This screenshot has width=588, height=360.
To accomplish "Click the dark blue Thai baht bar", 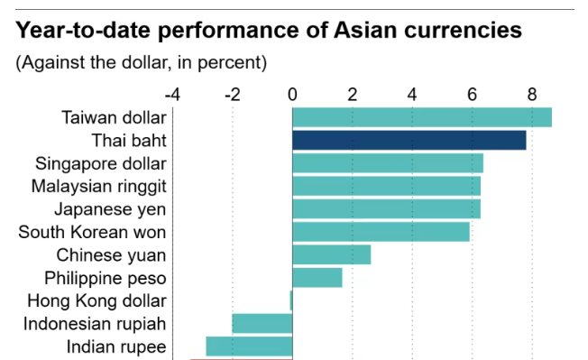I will point(409,140).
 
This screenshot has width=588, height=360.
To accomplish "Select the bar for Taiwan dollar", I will point(421,117).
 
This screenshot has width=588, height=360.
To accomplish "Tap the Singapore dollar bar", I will point(387,163).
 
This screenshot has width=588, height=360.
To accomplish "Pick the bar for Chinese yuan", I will point(331,254).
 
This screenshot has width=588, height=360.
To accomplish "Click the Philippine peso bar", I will point(317,277).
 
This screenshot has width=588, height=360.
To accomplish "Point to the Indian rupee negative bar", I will point(249,346).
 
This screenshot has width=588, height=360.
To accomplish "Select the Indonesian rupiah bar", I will point(262,323).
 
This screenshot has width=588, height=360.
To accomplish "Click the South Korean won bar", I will point(381,232).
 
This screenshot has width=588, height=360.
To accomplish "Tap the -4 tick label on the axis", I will point(171,94).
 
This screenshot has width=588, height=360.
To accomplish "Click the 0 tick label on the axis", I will point(292,94).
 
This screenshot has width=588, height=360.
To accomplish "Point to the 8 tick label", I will point(532,94).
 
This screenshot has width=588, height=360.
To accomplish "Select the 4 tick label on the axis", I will point(412,94).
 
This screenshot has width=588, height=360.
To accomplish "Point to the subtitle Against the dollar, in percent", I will point(140,63).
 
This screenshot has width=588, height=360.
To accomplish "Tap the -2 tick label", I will point(232,94).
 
